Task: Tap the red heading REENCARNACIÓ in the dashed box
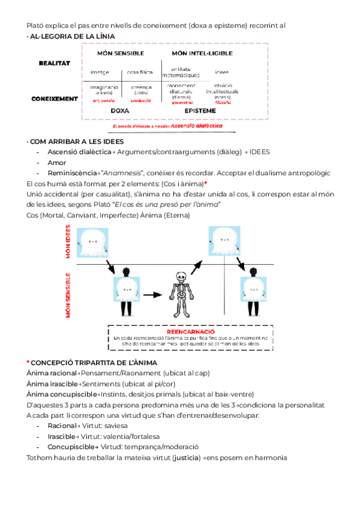tap(190, 331)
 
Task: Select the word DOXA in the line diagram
tap(120, 110)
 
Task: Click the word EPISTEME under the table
tap(200, 110)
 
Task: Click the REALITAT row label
tap(55, 63)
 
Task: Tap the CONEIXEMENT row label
tap(55, 98)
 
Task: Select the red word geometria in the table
tap(181, 103)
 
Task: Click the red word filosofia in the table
tap(223, 103)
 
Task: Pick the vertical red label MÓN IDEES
tap(68, 243)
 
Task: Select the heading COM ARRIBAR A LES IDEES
tap(76, 142)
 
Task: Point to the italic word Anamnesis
tap(131, 173)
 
